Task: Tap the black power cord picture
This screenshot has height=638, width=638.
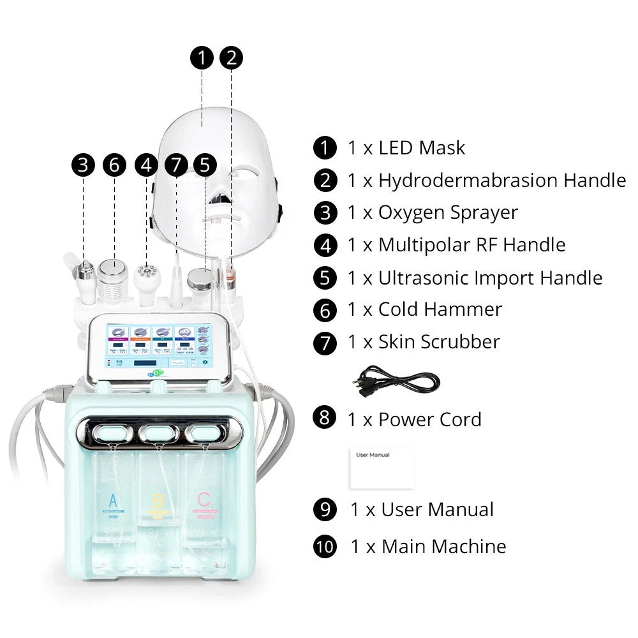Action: coord(396,382)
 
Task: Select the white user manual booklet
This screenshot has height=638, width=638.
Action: coord(382,468)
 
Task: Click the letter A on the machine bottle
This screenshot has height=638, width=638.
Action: coord(114,499)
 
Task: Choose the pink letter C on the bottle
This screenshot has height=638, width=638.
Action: coord(204,499)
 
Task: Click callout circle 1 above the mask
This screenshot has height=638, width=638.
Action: coord(202,58)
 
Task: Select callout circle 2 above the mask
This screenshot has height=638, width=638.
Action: coord(231,58)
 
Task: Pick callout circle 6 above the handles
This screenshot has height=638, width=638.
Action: coord(114,165)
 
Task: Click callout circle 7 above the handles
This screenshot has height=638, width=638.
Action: coord(176,165)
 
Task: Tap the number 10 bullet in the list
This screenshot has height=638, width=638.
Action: coord(325,547)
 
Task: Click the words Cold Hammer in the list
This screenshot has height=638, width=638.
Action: coord(440,309)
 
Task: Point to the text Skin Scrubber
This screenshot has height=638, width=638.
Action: coord(439,342)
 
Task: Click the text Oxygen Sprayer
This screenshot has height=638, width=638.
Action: coord(448,212)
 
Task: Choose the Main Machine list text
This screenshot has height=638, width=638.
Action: coord(443,547)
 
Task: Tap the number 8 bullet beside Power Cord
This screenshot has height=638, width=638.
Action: coord(325,419)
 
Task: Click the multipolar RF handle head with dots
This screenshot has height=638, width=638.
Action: coord(147,270)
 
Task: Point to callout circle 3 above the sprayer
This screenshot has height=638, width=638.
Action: coord(83,165)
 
